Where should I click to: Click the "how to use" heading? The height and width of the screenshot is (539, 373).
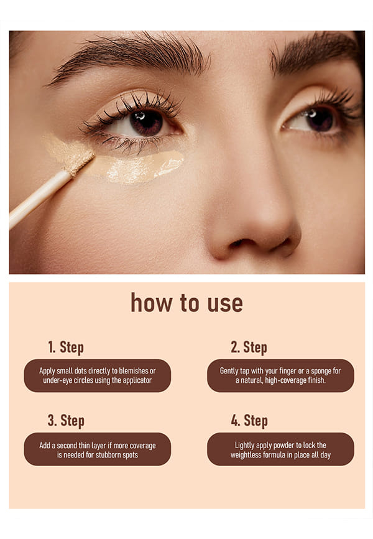186,303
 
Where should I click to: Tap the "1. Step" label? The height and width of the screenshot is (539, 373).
66,347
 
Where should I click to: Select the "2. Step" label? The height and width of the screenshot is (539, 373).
249,347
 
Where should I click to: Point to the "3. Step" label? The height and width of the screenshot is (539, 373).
66,420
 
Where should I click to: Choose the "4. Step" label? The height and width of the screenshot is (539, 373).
249,420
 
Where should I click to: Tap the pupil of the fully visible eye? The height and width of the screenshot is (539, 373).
147,123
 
